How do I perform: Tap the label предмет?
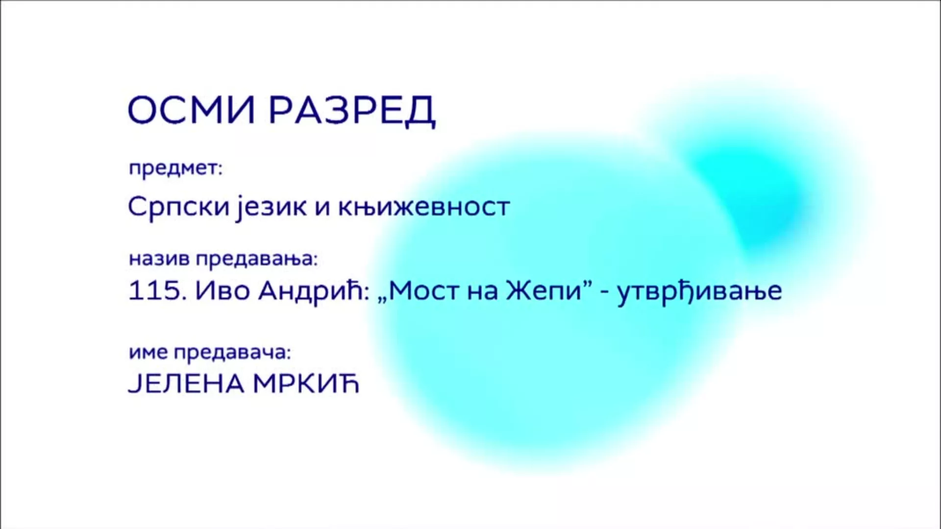click(x=175, y=169)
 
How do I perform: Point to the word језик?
click(x=271, y=207)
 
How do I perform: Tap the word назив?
click(x=160, y=259)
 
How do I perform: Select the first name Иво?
click(x=223, y=291)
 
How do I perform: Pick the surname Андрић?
click(x=314, y=291)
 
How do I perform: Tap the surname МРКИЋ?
click(x=306, y=384)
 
